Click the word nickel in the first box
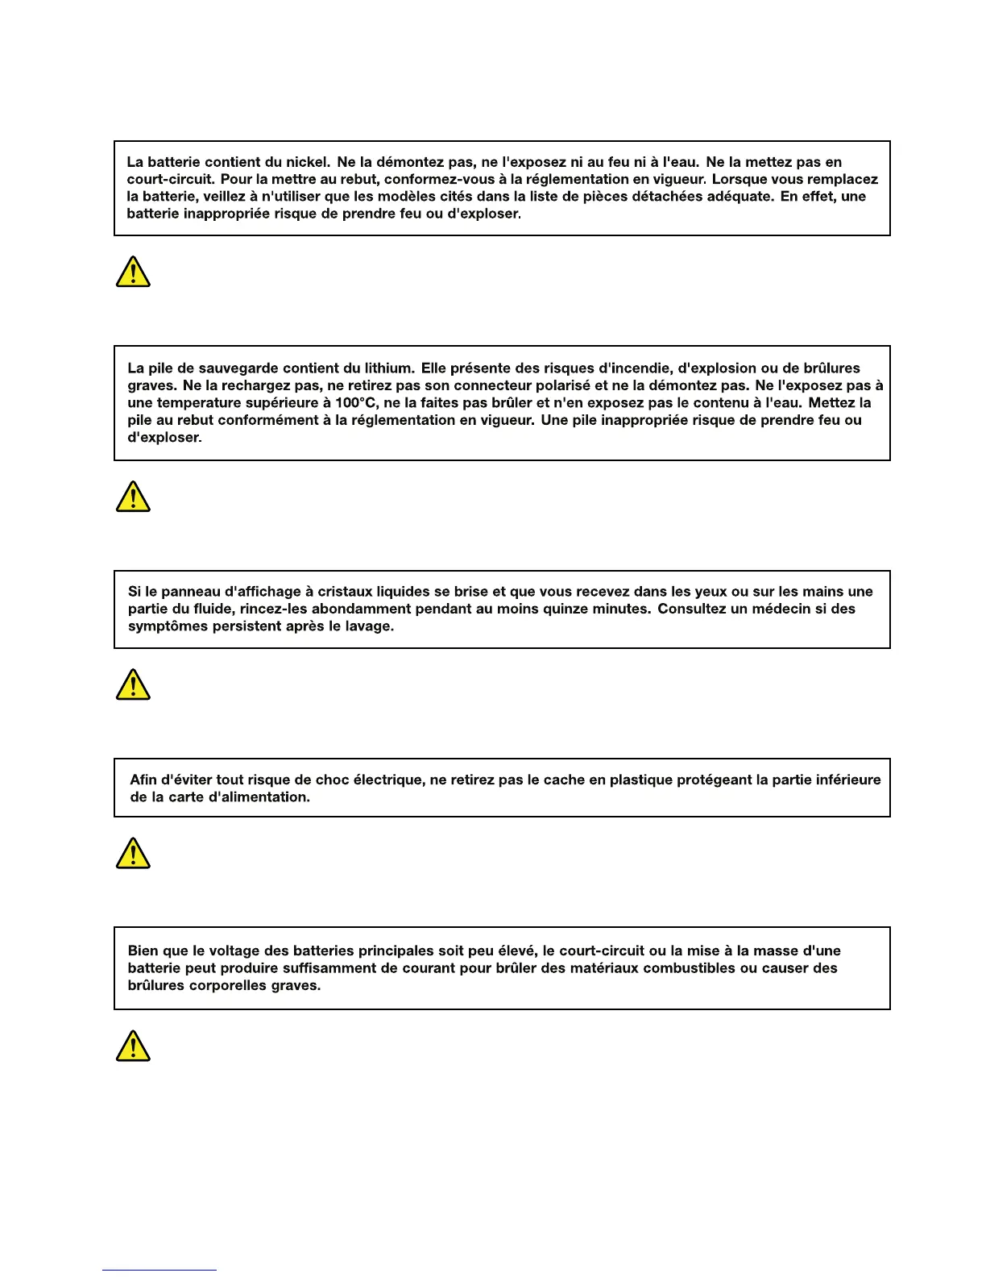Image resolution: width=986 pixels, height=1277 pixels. [x=307, y=162]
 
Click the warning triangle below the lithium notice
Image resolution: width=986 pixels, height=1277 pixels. [x=133, y=497]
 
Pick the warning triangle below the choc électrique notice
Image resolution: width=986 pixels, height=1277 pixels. [x=133, y=853]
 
